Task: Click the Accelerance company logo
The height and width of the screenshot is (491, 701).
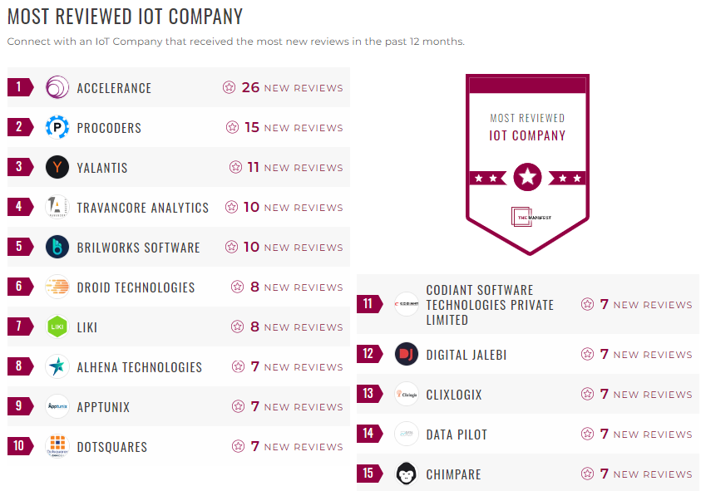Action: click(57, 87)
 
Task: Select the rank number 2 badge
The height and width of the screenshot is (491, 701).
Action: click(19, 127)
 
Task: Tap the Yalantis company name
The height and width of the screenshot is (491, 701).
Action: click(102, 168)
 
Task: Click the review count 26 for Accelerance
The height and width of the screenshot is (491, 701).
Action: click(250, 87)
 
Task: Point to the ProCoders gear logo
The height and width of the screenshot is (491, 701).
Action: click(57, 127)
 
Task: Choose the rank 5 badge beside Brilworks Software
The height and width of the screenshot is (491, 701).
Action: click(19, 247)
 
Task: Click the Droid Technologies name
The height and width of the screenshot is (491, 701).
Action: click(136, 287)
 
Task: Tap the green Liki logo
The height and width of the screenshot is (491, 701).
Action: click(57, 327)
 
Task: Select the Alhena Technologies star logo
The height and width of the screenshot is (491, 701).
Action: click(57, 366)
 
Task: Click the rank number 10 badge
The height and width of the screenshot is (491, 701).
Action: click(19, 446)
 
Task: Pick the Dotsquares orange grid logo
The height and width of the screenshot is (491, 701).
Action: click(57, 446)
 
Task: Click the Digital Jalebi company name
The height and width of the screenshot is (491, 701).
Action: click(466, 355)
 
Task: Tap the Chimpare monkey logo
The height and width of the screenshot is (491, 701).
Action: click(407, 474)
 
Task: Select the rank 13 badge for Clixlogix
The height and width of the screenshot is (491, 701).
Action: click(368, 394)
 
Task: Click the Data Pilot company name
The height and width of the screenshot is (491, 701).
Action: click(457, 435)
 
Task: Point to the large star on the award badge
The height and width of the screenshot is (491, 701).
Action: click(527, 177)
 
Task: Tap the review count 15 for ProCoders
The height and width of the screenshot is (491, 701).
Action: click(252, 127)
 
